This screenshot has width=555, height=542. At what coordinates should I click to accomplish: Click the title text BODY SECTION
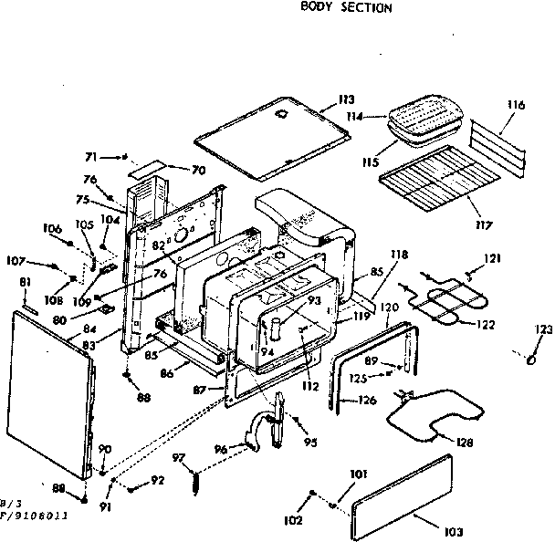point(346,8)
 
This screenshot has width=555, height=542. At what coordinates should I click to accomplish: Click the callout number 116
point(517,107)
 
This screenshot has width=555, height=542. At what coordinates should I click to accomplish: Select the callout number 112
point(311,385)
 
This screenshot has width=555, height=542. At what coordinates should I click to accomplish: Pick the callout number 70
point(198,170)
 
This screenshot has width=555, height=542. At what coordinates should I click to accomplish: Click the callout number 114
point(377,118)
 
